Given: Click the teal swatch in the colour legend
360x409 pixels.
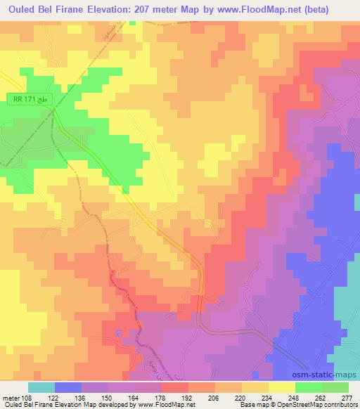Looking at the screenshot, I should [x=41, y=387].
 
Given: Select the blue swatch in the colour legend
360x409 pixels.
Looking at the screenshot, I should [x=67, y=387].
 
